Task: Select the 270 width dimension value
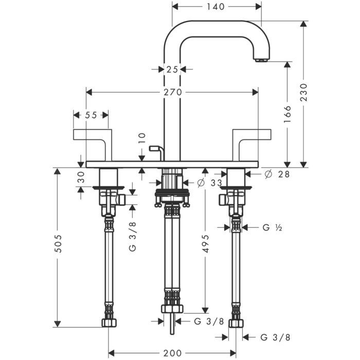click(172, 93)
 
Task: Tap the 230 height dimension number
click(303, 93)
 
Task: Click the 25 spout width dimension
click(172, 69)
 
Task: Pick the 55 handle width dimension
click(91, 115)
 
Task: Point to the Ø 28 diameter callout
click(276, 174)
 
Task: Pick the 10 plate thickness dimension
click(143, 137)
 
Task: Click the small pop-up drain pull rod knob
click(151, 149)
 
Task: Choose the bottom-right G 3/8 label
click(275, 337)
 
